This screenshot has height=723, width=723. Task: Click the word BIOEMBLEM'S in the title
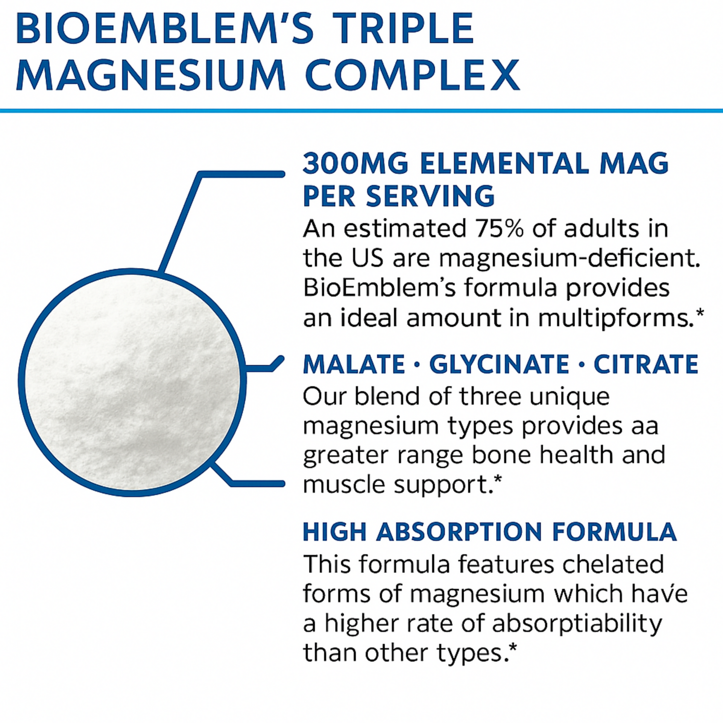coord(165,28)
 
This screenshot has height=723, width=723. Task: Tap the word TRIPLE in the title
coord(403,28)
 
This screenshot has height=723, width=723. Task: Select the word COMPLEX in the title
coord(412,75)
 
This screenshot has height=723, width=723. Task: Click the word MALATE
coord(354,364)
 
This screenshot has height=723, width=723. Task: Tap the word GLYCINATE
coord(499,364)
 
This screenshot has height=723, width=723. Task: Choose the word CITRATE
coord(646,364)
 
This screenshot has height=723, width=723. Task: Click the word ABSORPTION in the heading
coord(459,532)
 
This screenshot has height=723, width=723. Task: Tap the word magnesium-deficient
coord(569,259)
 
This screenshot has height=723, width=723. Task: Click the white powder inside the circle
coord(132,382)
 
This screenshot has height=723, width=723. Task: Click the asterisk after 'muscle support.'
coord(498,479)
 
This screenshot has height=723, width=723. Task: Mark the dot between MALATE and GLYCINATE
coord(417,365)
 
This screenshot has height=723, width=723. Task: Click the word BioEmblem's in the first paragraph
coord(379,288)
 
